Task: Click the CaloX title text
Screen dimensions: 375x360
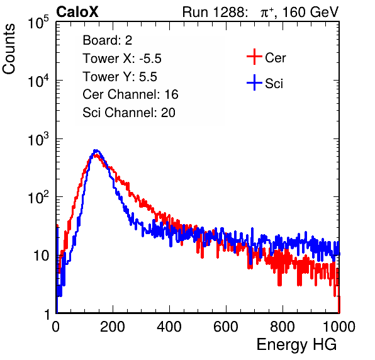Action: click(x=77, y=12)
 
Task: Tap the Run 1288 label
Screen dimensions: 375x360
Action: click(x=215, y=12)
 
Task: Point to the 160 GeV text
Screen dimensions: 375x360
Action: click(x=310, y=12)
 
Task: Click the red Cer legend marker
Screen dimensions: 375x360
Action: click(x=254, y=57)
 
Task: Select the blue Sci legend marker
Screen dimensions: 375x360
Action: click(x=254, y=82)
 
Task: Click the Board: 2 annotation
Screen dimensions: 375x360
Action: click(x=108, y=40)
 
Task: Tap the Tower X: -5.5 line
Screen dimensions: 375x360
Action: click(x=122, y=59)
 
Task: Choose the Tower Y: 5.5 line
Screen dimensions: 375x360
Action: click(x=120, y=77)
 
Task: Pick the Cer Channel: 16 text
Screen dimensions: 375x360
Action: click(x=130, y=94)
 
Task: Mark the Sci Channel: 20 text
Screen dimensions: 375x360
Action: click(x=129, y=113)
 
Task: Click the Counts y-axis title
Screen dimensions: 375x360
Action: click(x=9, y=48)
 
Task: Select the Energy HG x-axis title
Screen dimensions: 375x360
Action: click(x=296, y=345)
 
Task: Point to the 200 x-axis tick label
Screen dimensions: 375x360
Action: click(x=113, y=327)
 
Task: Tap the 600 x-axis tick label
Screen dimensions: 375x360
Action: click(x=226, y=327)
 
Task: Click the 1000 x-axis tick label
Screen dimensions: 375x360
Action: click(x=339, y=327)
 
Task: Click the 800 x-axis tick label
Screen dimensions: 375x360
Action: click(x=283, y=327)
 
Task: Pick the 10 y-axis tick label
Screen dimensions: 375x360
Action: click(x=42, y=256)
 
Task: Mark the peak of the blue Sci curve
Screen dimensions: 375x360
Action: click(x=96, y=150)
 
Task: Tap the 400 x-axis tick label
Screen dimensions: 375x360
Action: click(x=169, y=327)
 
